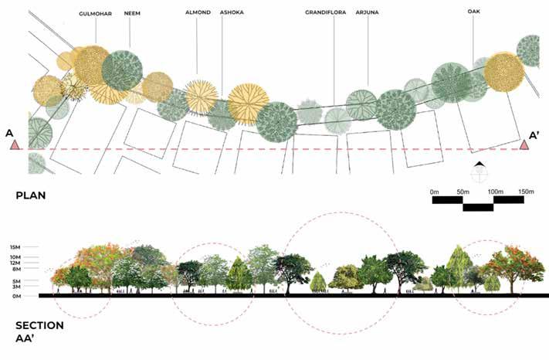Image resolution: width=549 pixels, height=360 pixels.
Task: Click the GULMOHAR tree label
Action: pyautogui.click(x=95, y=14)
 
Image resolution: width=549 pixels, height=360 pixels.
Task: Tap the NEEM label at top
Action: pyautogui.click(x=132, y=14)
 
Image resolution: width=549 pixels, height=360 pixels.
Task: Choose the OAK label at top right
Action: pyautogui.click(x=473, y=11)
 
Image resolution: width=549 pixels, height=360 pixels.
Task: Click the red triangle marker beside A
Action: pyautogui.click(x=14, y=144)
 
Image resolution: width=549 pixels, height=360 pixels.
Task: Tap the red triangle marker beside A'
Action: pyautogui.click(x=524, y=144)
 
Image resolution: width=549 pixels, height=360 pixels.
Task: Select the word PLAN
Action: pyautogui.click(x=32, y=196)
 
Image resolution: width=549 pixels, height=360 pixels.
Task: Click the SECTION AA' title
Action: pyautogui.click(x=38, y=331)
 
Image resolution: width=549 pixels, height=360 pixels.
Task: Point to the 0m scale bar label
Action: pyautogui.click(x=436, y=191)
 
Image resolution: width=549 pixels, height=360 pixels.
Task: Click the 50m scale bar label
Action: pyautogui.click(x=464, y=191)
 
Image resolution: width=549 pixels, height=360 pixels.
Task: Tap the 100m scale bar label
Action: pyautogui.click(x=495, y=191)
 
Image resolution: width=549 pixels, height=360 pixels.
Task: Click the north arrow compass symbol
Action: pyautogui.click(x=480, y=169)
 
